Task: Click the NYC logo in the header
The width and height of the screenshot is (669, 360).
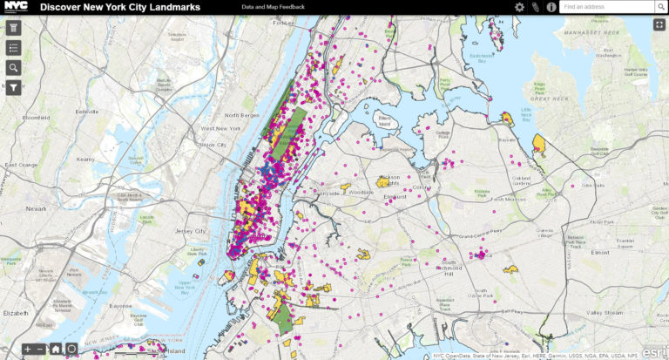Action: tap(17, 7)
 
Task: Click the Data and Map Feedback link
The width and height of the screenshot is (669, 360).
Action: tap(274, 7)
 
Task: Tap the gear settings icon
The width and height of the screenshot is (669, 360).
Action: tap(519, 7)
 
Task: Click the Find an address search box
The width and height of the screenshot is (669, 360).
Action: tap(606, 7)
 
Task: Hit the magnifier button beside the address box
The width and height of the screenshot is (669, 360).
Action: tap(661, 7)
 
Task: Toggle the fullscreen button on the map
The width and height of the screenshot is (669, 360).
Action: tap(659, 24)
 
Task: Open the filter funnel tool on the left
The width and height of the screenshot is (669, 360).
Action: tap(14, 87)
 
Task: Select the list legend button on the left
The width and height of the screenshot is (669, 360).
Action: tap(14, 47)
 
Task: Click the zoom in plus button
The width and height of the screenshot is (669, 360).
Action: tap(28, 350)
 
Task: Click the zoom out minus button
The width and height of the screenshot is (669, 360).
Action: tap(41, 350)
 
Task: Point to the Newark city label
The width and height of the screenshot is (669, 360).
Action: tap(36, 209)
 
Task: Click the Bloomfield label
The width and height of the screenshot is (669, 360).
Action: tap(36, 117)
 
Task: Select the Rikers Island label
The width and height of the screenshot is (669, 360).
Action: tap(384, 121)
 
